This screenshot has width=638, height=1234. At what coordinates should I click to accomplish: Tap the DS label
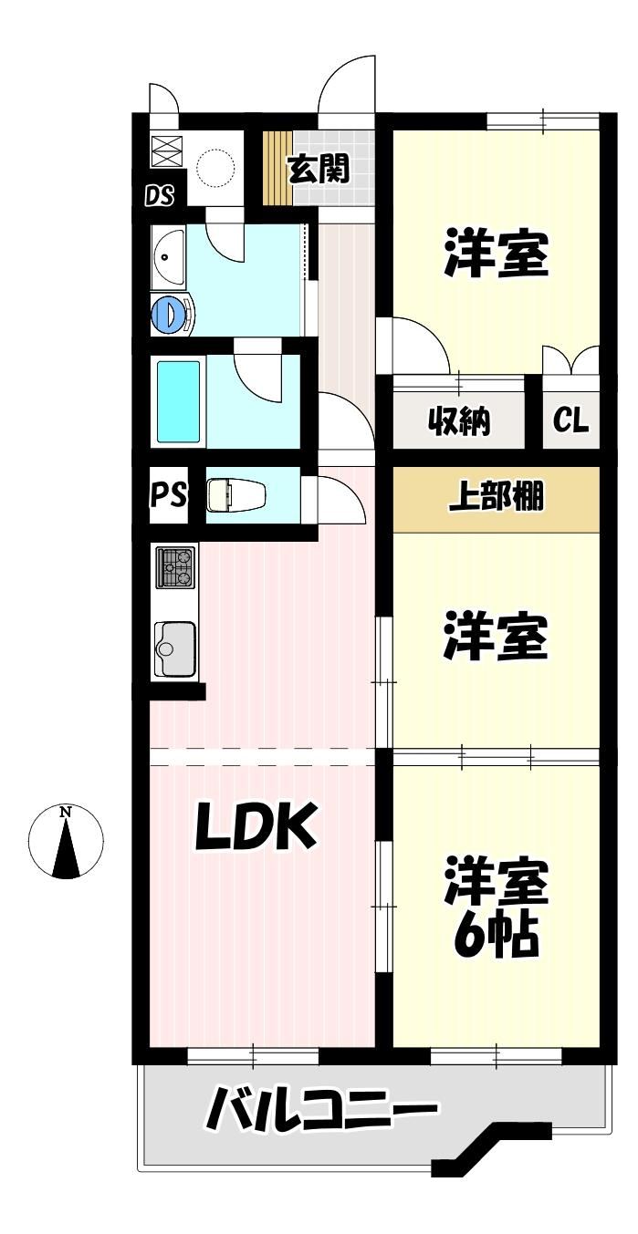pos(160,195)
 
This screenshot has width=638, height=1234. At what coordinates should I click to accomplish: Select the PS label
pos(168,494)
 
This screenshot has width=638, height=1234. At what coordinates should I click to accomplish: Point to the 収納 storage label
pos(459,421)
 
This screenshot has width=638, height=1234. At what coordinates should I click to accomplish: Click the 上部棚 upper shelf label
pos(496,495)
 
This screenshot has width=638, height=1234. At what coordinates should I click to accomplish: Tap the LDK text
pos(256,825)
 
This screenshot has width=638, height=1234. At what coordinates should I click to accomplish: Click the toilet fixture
pos(236,494)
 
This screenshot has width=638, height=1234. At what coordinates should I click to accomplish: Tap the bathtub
pos(178,401)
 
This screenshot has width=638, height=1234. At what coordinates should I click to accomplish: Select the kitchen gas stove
pos(175,566)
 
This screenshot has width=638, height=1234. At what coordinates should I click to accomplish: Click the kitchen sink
pos(175,649)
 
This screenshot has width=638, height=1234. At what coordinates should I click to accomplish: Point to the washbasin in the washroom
pos(168,256)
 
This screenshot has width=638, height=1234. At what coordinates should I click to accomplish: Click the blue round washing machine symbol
pos(172,314)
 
